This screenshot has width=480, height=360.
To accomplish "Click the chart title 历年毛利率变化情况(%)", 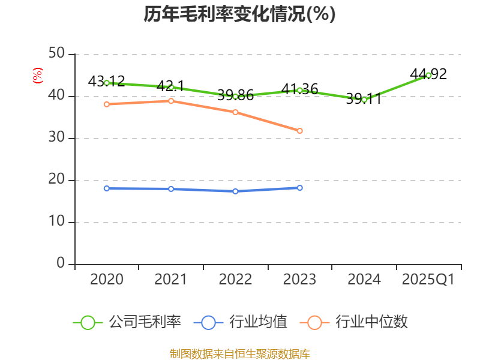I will [239, 14].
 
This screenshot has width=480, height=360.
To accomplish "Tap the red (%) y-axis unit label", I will [38, 76].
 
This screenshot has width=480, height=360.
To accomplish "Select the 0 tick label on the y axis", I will [61, 263].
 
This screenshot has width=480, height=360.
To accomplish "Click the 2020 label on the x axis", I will [107, 280].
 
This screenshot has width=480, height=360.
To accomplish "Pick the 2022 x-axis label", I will [235, 280].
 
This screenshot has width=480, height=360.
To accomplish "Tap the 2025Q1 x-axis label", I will [428, 280].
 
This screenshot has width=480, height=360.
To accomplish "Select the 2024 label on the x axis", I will [364, 280].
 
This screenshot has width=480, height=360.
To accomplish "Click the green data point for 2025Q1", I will [428, 75].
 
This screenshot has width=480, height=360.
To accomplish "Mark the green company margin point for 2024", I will [364, 100].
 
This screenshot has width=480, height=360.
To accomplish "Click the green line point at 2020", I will [107, 83].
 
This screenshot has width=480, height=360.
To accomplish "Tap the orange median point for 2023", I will [300, 131].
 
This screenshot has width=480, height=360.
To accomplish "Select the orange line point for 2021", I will [171, 101].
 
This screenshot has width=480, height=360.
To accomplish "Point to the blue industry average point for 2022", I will [235, 191].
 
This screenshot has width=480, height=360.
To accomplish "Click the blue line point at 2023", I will [300, 188].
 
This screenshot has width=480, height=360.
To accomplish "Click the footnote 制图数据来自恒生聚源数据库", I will [239, 353].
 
